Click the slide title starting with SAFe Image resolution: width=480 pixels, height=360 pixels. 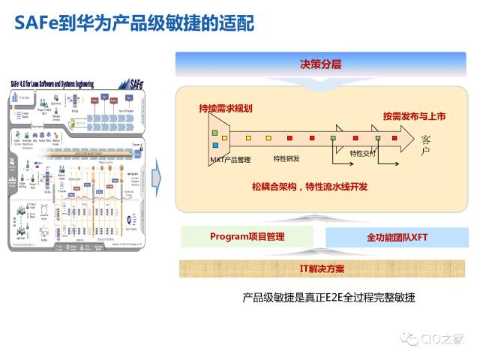[135, 23]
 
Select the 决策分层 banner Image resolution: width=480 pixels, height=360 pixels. [320, 64]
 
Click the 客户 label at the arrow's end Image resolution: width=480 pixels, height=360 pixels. [426, 145]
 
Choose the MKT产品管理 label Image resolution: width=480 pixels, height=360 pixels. [230, 160]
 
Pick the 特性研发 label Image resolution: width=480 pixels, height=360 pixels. [286, 158]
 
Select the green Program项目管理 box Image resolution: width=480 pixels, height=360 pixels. [247, 236]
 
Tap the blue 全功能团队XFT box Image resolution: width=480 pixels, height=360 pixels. [397, 238]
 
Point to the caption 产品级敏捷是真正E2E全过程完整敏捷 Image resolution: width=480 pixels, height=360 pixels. [328, 298]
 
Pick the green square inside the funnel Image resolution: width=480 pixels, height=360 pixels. [215, 145]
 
